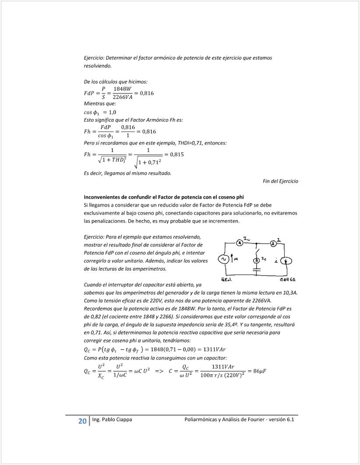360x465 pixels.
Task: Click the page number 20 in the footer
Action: coord(82,421)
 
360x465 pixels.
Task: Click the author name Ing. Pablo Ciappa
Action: coord(112,420)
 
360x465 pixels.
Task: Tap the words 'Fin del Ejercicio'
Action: coord(280,181)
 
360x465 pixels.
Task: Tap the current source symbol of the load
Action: coord(287,261)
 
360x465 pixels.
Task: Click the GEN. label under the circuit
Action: coord(226,279)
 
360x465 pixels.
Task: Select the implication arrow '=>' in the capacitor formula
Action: coord(159,371)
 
